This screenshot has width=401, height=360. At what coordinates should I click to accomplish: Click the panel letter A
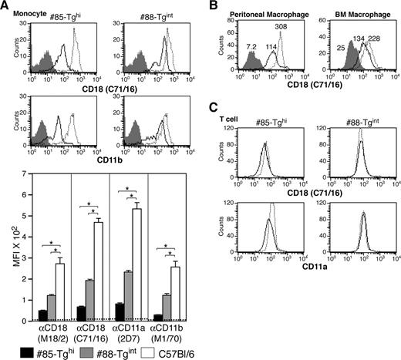(5, 6)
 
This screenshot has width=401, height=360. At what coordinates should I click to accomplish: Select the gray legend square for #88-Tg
(78, 352)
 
